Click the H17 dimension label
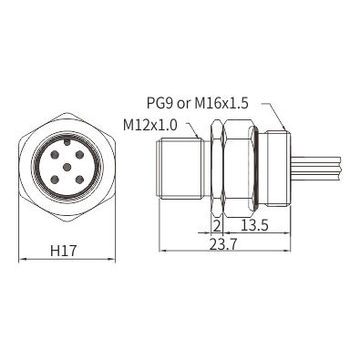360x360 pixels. point(63,251)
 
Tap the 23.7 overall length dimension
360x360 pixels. point(224,244)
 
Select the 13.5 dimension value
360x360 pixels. point(254,225)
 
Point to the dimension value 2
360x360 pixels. point(217,226)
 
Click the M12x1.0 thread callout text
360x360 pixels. point(150,125)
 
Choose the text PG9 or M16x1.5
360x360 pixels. point(198,103)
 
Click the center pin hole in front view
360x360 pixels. point(67,167)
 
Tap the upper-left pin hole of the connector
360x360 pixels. point(55,155)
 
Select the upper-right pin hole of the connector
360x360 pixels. point(79,155)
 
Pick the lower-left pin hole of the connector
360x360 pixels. point(55,180)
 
